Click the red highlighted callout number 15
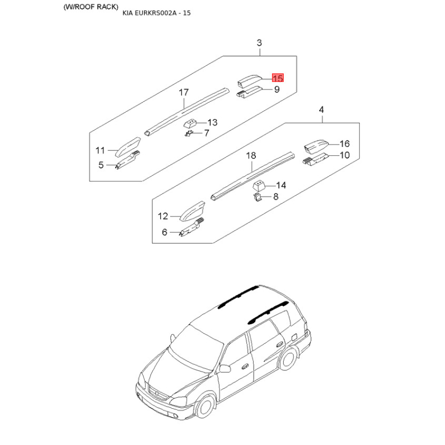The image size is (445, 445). pos(278,78)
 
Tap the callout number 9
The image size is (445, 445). pos(277,90)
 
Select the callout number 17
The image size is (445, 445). pos(184,92)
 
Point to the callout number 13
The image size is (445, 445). pos(212,122)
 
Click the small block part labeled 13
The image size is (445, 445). pos(190,123)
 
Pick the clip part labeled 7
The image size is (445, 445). pos(189,133)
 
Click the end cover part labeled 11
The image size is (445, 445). pos(128,146)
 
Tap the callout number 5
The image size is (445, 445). pos(101,165)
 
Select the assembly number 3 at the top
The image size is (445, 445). pos(259,43)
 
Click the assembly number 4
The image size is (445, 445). pos(322,110)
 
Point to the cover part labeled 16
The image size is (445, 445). pos(315,146)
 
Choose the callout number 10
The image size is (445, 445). pos(345,155)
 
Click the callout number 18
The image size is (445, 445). pos(251,156)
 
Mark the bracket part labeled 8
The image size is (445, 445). pos(257,197)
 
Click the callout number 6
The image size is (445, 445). pos(165,232)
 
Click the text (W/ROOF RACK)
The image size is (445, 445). pos(91,7)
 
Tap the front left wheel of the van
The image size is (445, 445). pos(205,406)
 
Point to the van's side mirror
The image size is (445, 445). pos(225,369)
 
